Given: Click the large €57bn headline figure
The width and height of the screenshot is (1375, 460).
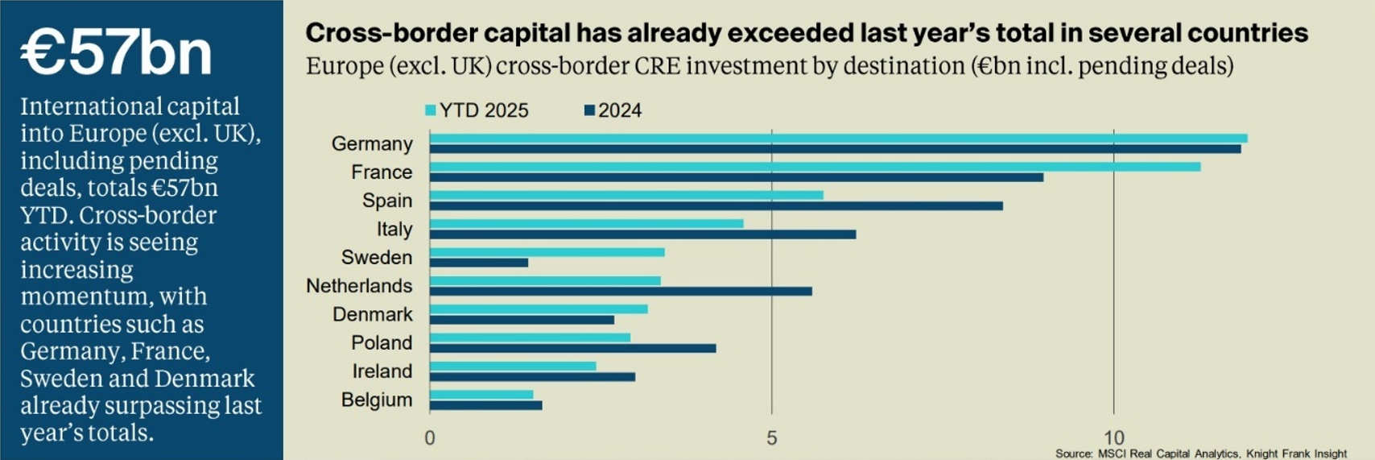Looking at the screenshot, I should point(116,53).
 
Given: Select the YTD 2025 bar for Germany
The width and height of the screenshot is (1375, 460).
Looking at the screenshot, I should point(838,139).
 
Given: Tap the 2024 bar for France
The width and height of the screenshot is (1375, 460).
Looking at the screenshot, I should point(736,177).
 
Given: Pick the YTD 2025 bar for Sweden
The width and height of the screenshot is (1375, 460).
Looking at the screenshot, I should point(547,252).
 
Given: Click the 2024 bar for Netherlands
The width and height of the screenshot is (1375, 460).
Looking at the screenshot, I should point(620,291).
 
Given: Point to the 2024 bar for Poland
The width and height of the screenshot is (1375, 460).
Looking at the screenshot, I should point(572,348).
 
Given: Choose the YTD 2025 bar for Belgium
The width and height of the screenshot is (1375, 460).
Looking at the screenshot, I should point(481,395).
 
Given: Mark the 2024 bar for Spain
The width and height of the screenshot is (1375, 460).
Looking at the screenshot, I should point(716,205).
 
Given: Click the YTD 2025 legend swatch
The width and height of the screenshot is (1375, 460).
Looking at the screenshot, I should point(431,110).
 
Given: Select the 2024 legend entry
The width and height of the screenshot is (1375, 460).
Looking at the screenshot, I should point(613,110).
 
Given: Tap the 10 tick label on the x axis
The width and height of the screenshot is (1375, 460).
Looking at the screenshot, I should point(1113,438).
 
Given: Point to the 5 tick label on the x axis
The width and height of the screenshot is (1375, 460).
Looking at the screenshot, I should point(771,438).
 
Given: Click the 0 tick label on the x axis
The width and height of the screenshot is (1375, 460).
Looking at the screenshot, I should point(430,438).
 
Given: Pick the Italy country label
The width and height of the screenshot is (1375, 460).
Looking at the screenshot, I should point(394,230).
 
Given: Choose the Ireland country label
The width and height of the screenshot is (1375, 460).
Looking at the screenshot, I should point(382,371).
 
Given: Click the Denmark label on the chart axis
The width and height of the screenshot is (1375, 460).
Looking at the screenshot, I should point(373,314).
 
